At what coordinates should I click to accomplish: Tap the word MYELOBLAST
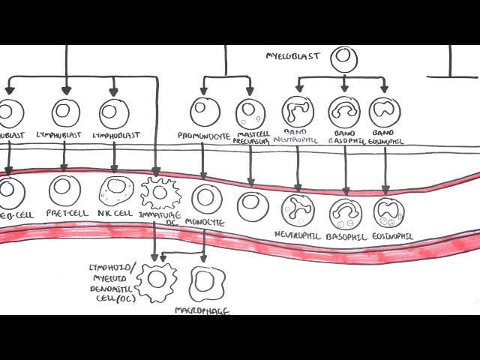coord(293,56)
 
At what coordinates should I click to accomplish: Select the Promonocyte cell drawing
coord(204,112)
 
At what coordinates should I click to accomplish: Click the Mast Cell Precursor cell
coord(250,113)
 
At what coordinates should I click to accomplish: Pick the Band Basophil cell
coord(344,112)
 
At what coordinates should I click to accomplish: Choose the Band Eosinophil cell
coord(385,112)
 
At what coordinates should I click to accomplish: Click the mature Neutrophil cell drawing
coord(298,211)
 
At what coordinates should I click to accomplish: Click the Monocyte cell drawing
coord(207,199)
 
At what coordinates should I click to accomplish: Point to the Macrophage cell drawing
coord(203,283)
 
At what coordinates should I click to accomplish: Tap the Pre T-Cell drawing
coord(65,190)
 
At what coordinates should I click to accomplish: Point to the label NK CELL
coord(114,213)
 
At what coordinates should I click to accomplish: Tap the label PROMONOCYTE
coord(202,136)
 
